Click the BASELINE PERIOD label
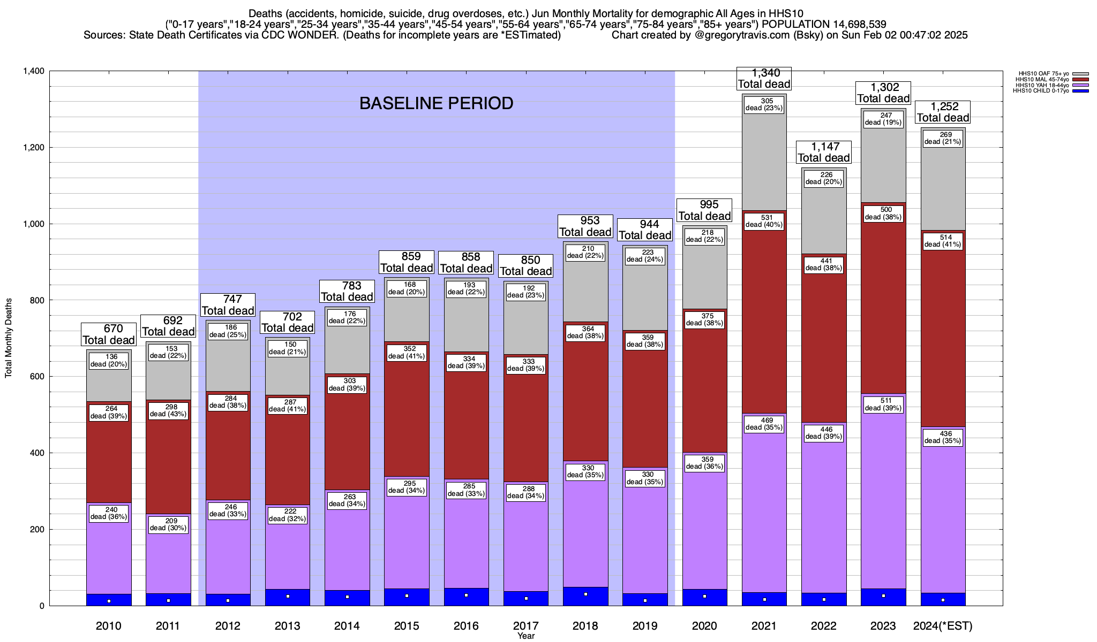click(x=436, y=103)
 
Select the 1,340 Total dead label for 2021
click(x=764, y=78)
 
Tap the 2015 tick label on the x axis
click(x=407, y=626)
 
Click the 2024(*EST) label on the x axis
click(x=943, y=626)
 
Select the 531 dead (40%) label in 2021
click(x=764, y=221)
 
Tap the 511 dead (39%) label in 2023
click(x=883, y=404)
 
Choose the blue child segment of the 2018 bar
click(x=585, y=597)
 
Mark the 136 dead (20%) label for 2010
click(x=109, y=361)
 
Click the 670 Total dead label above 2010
click(x=109, y=334)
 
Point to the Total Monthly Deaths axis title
click(x=9, y=338)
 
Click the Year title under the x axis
click(x=526, y=636)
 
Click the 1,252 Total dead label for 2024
click(x=943, y=112)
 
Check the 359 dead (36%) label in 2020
click(x=705, y=463)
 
